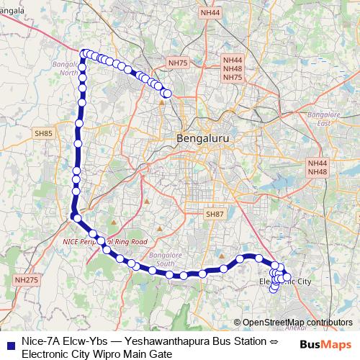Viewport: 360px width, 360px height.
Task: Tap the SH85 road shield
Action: click(42, 134)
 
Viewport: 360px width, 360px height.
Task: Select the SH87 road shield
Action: click(215, 215)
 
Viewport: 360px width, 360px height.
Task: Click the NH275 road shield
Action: click(25, 279)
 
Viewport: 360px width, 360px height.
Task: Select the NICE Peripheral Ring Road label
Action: click(104, 241)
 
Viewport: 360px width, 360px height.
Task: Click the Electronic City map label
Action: click(284, 281)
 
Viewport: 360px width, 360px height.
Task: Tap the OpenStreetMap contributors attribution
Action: click(293, 322)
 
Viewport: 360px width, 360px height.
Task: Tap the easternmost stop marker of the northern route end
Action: click(167, 93)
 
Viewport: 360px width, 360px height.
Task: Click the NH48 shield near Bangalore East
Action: click(317, 172)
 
